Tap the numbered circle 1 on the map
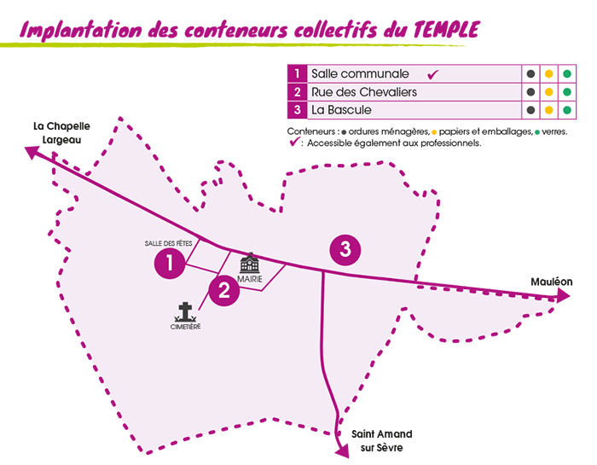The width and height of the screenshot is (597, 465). coord(171,263)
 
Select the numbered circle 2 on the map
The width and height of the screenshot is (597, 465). coord(224,290)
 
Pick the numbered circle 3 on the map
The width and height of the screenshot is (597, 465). coord(345,249)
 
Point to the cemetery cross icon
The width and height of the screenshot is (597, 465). coord(185,311)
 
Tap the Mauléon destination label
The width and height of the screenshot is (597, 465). coord(551,282)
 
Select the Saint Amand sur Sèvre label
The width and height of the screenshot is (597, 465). coord(376,440)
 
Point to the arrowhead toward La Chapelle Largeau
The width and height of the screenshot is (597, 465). coord(32,151)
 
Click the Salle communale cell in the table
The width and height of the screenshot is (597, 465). coord(361,74)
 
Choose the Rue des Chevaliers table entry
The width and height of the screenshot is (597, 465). coord(364,92)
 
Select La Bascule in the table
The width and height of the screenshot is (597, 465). coord(341,110)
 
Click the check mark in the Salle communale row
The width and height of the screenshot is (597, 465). coord(433,74)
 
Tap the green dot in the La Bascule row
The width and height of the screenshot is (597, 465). coord(566,110)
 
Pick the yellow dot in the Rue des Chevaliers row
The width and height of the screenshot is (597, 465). coord(548,92)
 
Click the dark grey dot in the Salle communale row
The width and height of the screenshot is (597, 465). coord(530,74)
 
